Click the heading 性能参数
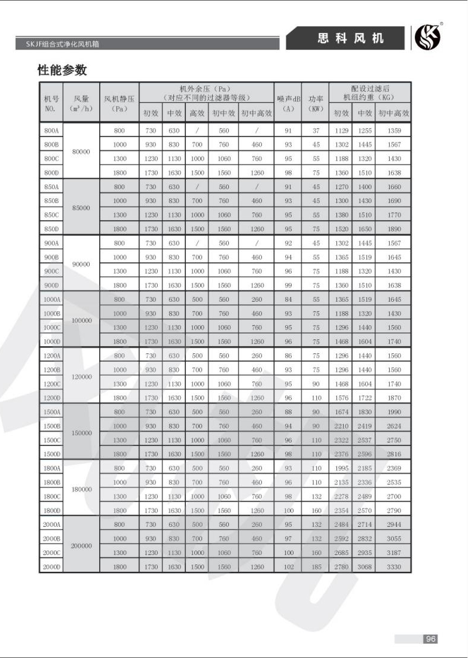coord(62,70)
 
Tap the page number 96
coord(430,639)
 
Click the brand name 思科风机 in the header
coord(350,39)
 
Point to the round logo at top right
coord(427,38)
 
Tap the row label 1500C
coord(51,440)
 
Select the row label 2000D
coord(51,566)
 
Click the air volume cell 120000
coord(81,377)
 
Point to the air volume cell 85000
coord(81,208)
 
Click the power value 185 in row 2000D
coord(316,566)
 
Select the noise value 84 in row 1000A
coord(288,299)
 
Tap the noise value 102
coord(288,566)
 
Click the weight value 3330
coord(394,566)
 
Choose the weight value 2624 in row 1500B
coord(394,426)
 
